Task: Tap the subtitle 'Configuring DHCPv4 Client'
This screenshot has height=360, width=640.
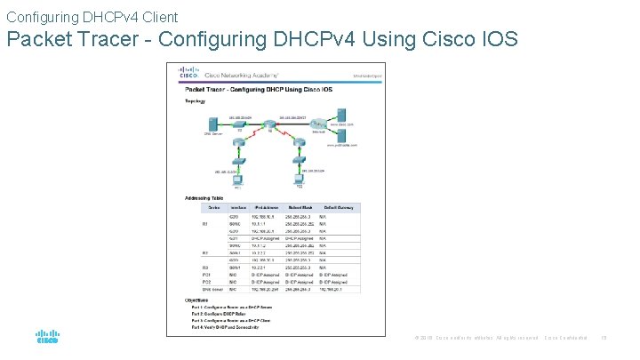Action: pos(92,17)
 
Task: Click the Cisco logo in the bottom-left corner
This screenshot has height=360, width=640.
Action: pos(47,339)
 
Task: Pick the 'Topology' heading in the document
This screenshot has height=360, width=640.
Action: pos(196,100)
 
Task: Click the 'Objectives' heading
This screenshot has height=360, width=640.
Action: pos(197,299)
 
